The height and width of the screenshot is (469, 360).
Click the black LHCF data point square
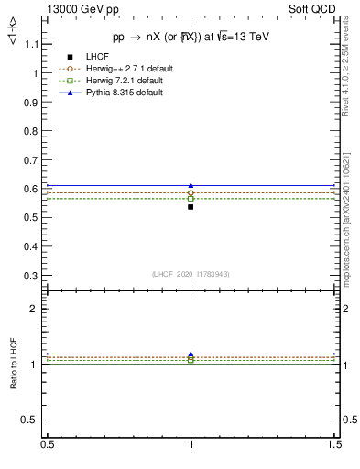click(191, 207)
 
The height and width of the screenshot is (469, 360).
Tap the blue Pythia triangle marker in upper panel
click(191, 185)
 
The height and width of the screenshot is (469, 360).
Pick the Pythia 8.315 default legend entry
click(124, 93)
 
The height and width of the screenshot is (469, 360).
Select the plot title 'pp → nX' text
click(190, 37)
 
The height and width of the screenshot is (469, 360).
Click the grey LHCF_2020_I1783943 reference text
click(190, 274)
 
